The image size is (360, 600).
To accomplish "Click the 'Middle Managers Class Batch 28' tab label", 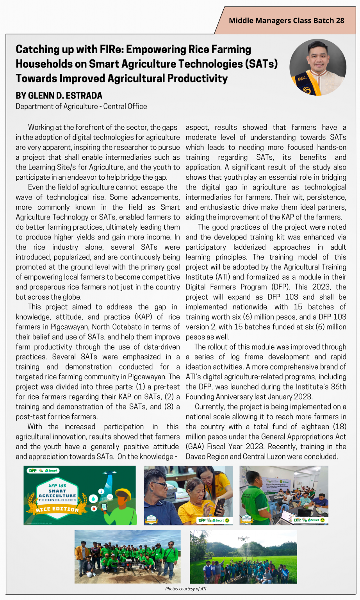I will pos(286,21).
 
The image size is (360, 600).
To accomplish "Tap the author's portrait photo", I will pos(317,67).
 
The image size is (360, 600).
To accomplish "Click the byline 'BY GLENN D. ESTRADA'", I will pos(59,96).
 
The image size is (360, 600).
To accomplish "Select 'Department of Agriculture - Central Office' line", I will pos(81,106).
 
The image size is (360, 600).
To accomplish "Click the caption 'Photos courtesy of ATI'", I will pos(185,589).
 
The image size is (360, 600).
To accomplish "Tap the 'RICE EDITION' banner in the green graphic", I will pos(57,509).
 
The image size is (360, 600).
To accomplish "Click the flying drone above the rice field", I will pos(243,539).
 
